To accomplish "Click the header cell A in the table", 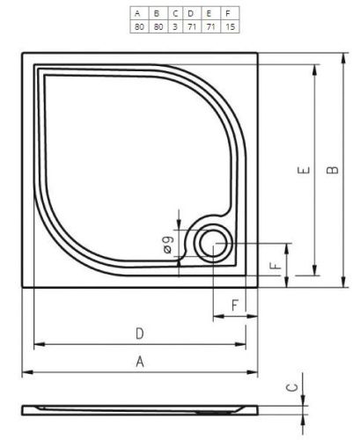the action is (139, 13).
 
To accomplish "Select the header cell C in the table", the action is (175, 13).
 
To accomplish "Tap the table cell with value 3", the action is (175, 26).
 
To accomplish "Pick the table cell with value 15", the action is (230, 26).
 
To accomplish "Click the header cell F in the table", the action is (230, 13).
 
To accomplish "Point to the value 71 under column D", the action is (192, 26).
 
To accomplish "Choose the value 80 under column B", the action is (158, 26).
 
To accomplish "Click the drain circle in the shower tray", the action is (213, 244).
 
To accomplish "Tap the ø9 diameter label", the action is (168, 245).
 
